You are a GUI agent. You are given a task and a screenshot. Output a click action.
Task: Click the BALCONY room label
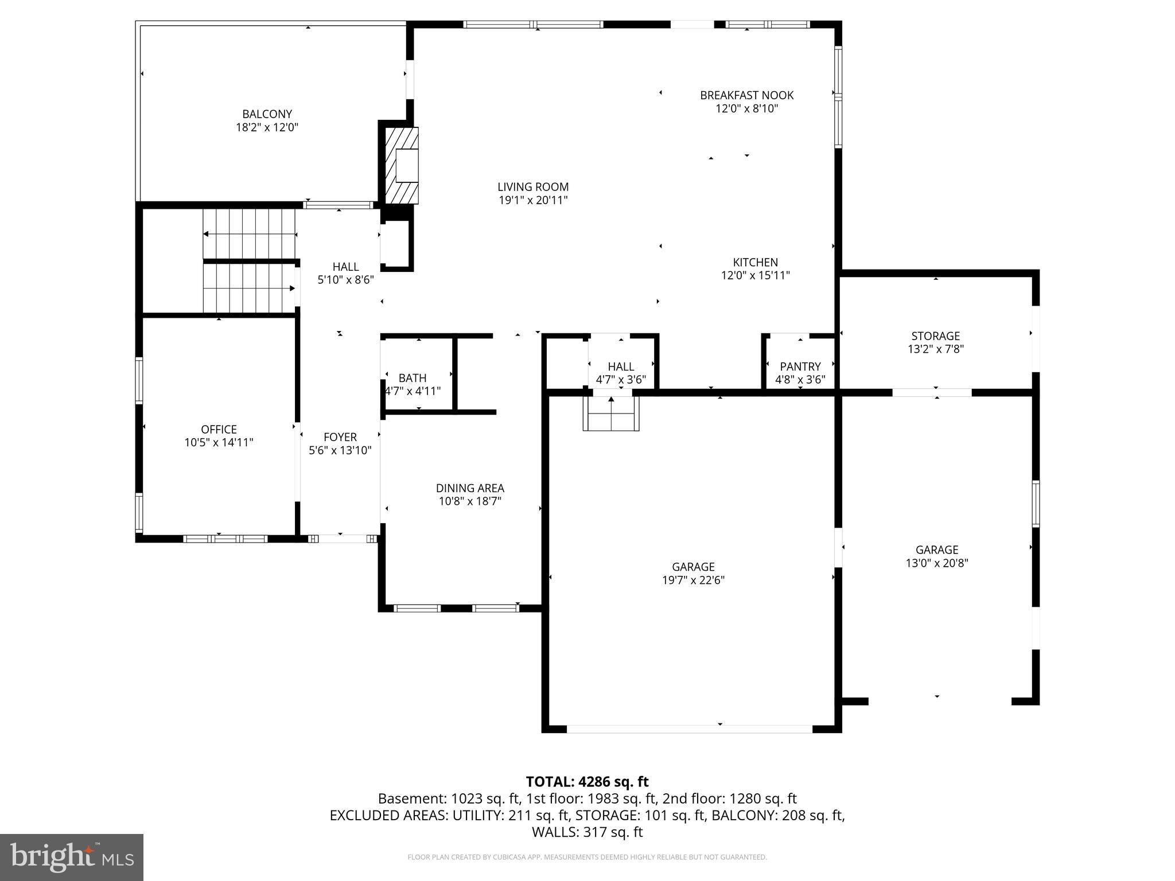point(267,114)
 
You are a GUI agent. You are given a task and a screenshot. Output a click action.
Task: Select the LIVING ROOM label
point(533,187)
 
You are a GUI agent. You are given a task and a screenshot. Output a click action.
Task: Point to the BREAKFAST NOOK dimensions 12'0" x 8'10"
point(746,109)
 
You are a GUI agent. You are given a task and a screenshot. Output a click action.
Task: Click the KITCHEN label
point(755,263)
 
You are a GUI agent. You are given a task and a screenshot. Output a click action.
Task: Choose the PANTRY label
point(800,367)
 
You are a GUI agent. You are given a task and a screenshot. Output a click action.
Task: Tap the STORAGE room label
point(935,336)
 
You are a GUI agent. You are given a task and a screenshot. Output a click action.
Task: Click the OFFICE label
point(219,430)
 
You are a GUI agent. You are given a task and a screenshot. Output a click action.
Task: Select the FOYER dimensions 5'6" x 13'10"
point(340,451)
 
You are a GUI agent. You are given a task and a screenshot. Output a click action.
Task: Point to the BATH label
point(413,378)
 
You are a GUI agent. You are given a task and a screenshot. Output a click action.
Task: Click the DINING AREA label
point(470,488)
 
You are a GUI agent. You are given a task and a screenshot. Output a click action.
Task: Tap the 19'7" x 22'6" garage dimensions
point(693,580)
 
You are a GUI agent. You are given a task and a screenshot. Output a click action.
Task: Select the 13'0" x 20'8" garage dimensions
point(936,563)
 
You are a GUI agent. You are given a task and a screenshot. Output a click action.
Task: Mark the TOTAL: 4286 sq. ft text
point(587,782)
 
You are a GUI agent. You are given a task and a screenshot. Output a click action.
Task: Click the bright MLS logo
point(72,857)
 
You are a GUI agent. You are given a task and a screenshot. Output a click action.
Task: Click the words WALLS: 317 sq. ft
point(587,832)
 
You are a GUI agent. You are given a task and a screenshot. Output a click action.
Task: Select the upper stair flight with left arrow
point(250,233)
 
